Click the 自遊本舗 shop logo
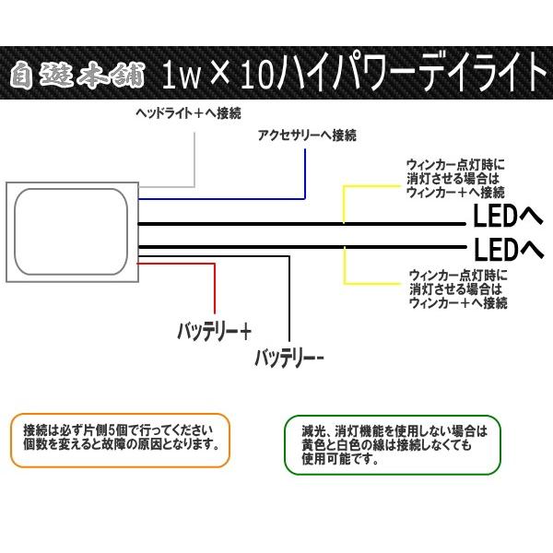coord(76,75)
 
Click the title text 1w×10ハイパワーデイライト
coord(353,73)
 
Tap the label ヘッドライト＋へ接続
coord(188,113)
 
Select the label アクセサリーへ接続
coord(307,135)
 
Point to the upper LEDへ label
coord(507,216)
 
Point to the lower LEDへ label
coord(508,249)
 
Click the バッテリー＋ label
coord(214,332)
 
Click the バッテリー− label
coord(288,359)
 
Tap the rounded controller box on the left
coord(72,232)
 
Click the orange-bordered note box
coord(120,441)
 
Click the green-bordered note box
coord(393,445)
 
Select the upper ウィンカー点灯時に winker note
coord(455,179)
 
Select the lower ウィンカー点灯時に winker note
coord(458,289)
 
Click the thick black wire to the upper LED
coord(301,224)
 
